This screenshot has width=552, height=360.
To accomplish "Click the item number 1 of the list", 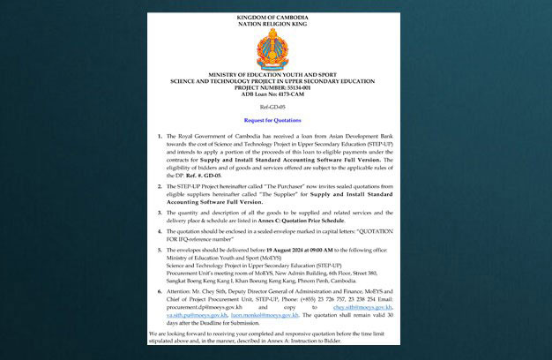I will pos(158,138).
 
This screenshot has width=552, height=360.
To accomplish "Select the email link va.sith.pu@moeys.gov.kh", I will pos(196,314).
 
